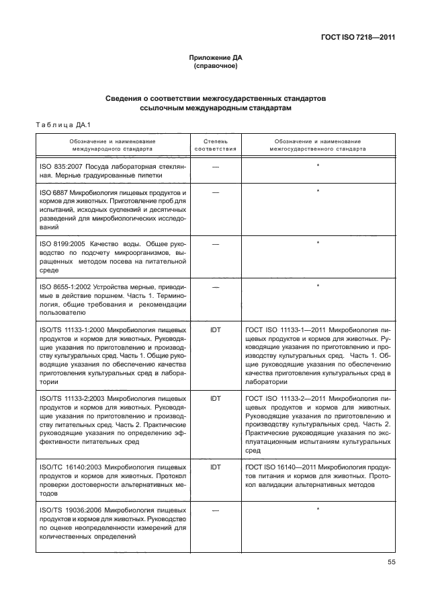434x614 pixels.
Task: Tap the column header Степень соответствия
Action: [216, 145]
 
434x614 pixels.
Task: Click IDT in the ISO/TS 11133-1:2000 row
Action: [216, 330]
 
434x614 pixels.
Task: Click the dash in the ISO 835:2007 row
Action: [216, 165]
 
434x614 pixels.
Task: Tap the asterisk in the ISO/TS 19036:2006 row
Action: [317, 510]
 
